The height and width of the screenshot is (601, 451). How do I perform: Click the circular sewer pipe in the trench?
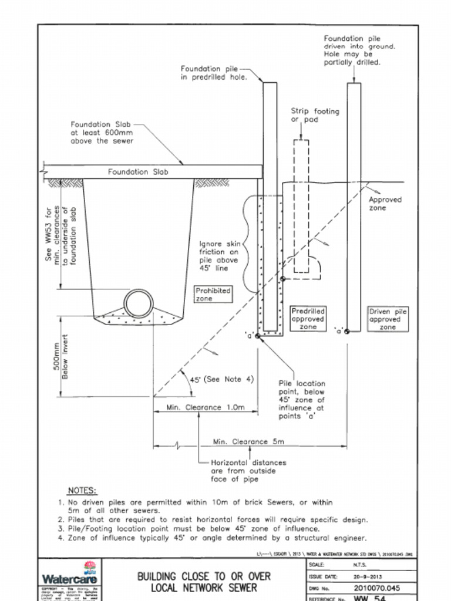point(139,303)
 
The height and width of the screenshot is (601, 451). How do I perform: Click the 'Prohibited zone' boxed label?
point(213,294)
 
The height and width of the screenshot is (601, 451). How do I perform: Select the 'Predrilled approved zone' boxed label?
point(308,319)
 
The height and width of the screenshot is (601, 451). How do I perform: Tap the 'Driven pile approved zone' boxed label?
point(388,319)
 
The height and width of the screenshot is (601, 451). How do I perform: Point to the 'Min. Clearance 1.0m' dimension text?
point(205,407)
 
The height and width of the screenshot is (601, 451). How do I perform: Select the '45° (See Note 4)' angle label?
point(221,379)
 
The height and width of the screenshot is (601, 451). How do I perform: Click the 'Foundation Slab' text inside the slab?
point(137,172)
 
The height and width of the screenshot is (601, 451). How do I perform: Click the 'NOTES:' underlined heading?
point(82,491)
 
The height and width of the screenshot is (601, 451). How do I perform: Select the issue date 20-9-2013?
point(368,576)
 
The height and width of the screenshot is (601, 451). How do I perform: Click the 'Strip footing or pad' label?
point(315,115)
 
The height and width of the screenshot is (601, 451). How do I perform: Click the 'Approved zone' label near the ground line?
point(385,204)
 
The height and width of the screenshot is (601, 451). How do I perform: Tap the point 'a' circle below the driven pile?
point(347,331)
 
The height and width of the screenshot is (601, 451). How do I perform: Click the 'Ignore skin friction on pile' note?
point(220,256)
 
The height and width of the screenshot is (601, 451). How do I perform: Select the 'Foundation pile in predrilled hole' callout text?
point(213,73)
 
